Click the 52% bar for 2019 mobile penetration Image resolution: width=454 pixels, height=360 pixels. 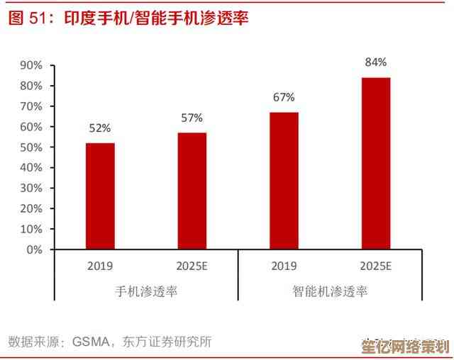click(x=100, y=196)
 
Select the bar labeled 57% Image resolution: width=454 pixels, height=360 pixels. click(x=192, y=191)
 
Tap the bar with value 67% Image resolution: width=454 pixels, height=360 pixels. click(x=284, y=181)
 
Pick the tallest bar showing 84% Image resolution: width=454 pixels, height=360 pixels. click(x=376, y=164)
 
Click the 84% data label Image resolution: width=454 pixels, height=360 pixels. click(x=376, y=62)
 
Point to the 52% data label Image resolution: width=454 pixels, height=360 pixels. click(x=100, y=128)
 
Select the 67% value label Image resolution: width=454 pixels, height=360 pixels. click(x=284, y=97)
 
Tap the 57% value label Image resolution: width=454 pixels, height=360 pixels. click(x=192, y=118)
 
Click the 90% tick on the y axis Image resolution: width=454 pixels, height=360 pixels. click(x=31, y=65)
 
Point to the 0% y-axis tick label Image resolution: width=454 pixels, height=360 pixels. click(x=34, y=250)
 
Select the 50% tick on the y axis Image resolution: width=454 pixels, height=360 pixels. click(x=31, y=147)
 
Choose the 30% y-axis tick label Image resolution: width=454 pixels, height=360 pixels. click(x=31, y=189)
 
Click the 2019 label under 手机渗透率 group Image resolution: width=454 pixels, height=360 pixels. click(x=100, y=266)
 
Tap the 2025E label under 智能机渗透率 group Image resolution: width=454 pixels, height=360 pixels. click(x=376, y=266)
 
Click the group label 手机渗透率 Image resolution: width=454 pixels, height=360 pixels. click(x=146, y=291)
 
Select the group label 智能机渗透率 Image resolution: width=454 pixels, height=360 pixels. click(x=330, y=291)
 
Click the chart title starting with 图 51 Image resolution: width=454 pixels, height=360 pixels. click(x=128, y=18)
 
